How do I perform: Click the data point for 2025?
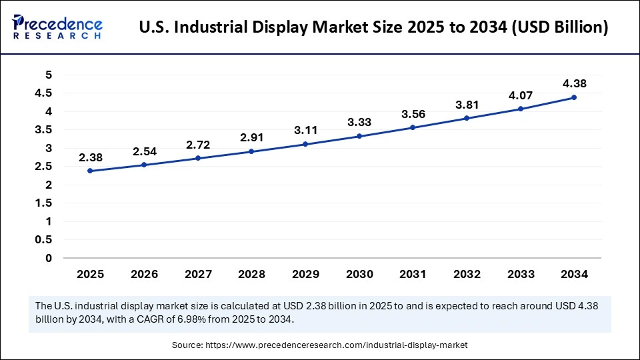89,171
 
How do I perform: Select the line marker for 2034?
574,97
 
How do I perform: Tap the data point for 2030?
359,136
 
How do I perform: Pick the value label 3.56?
413,114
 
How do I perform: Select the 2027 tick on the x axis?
197,274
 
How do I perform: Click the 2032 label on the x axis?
467,274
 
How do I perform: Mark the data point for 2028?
251,151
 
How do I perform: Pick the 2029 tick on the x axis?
305,274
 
